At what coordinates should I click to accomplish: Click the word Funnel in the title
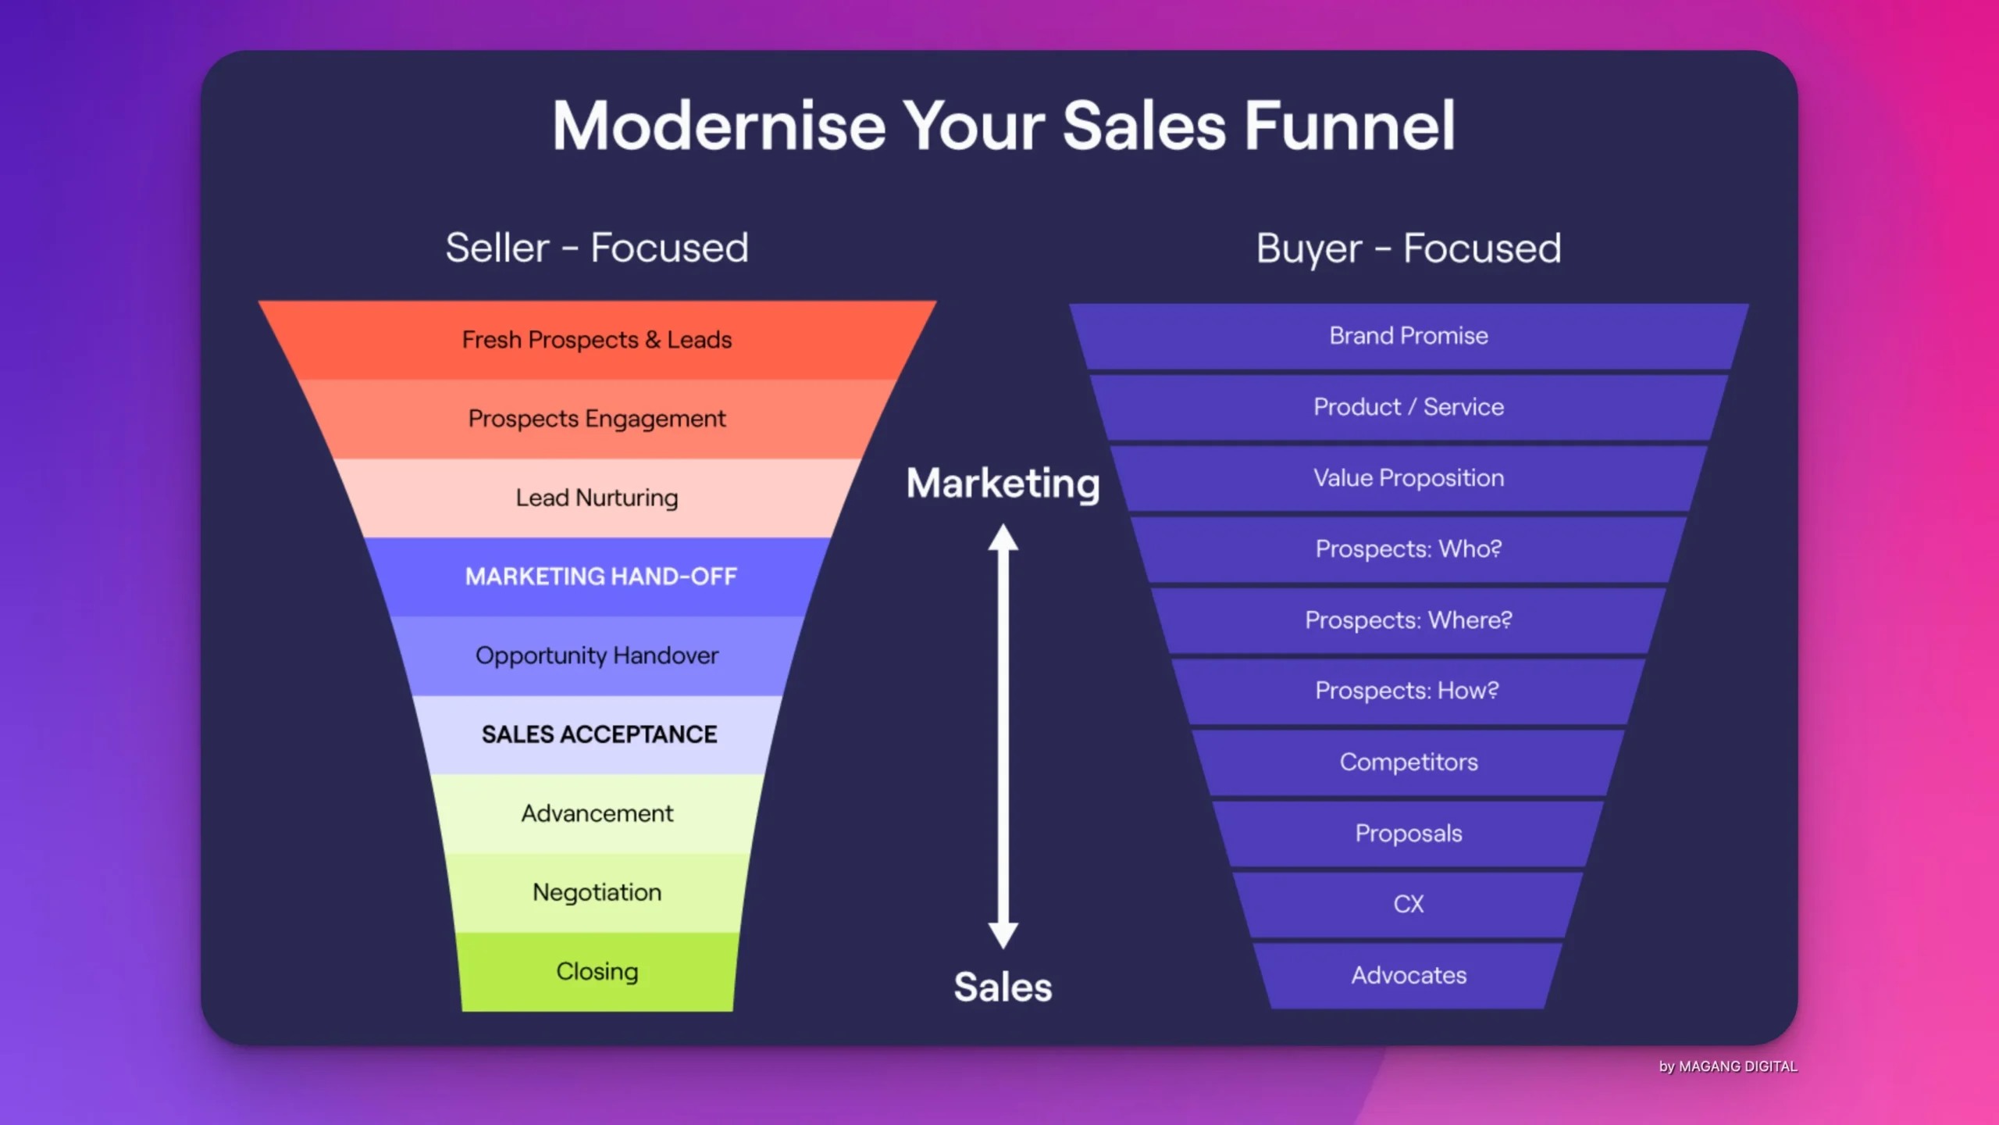[x=1349, y=127]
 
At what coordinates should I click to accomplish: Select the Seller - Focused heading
[x=597, y=248]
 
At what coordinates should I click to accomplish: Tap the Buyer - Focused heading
[x=1408, y=248]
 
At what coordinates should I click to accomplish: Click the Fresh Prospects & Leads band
[x=597, y=341]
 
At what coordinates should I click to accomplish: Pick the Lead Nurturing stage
[x=597, y=498]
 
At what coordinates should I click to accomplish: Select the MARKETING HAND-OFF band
[x=600, y=577]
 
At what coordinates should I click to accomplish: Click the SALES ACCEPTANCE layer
[x=598, y=734]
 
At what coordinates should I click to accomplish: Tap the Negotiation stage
[x=597, y=892]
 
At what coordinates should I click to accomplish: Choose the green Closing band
[x=597, y=971]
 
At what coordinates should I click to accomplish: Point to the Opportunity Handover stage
[x=597, y=655]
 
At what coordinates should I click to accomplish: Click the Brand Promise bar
[x=1408, y=336]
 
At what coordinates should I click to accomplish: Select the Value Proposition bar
[x=1408, y=478]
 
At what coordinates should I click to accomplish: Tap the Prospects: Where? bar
[x=1408, y=620]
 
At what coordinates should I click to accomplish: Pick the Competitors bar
[x=1408, y=762]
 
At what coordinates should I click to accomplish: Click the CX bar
[x=1408, y=904]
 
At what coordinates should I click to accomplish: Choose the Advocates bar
[x=1408, y=975]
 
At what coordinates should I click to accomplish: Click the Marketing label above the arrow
[x=1003, y=484]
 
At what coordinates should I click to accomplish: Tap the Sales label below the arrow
[x=1003, y=987]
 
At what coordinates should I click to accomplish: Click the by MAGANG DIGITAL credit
[x=1727, y=1066]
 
